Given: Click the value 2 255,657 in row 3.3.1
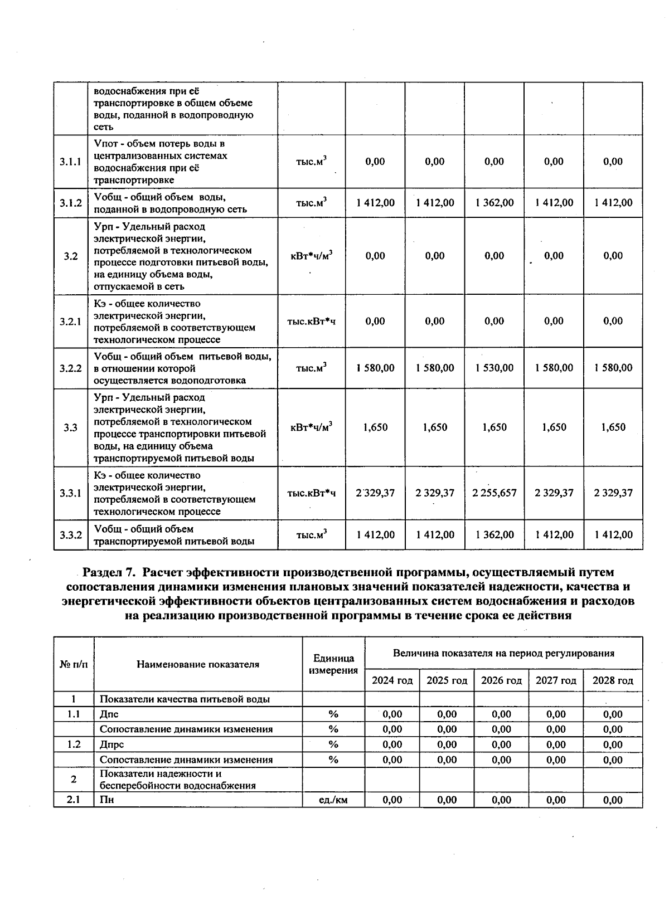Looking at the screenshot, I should (494, 493).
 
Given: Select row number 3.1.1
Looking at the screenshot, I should (70, 162).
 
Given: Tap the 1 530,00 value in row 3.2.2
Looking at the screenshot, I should (494, 368).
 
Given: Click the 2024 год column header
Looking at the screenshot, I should (392, 680).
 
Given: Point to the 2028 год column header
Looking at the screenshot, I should (613, 680).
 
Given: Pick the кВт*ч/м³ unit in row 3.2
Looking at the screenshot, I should (311, 256).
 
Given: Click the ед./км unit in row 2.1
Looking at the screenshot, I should (333, 800).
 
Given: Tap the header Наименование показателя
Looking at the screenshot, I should (198, 664).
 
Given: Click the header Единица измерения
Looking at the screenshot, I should (333, 664).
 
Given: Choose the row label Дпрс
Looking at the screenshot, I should (111, 745).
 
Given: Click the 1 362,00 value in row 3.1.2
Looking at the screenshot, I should (494, 203).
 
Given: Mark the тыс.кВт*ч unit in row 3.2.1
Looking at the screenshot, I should (311, 322).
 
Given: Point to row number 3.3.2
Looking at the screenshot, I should (70, 535).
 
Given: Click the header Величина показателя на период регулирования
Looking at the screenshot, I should (503, 653).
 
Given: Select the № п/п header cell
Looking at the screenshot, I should (74, 664).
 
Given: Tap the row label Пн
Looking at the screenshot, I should (106, 800).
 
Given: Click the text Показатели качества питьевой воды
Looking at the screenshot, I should (185, 699).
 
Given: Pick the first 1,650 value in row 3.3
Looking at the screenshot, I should (375, 427).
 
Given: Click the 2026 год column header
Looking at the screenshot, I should (501, 680).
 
